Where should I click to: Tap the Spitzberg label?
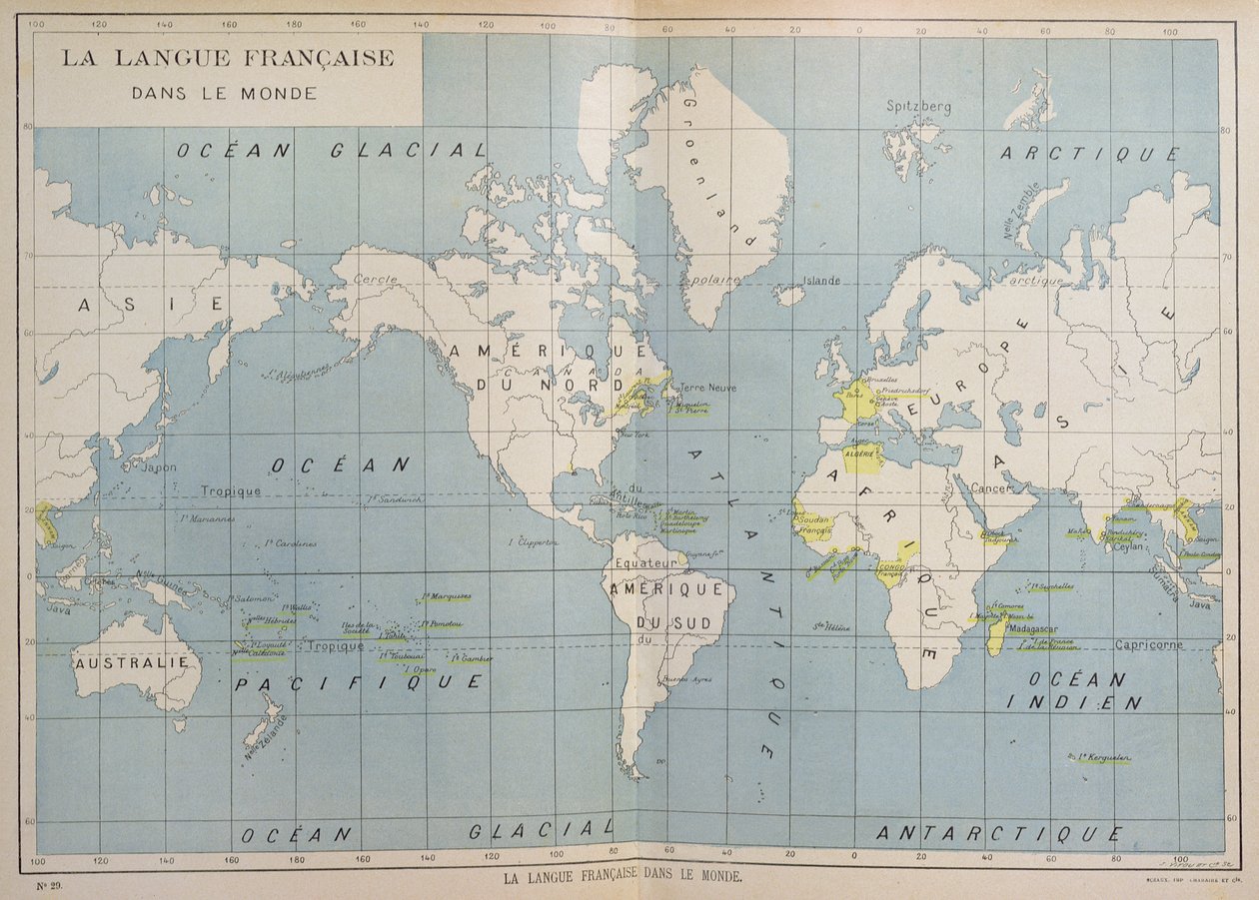click(918, 106)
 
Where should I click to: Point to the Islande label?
click(821, 281)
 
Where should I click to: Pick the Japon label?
click(159, 466)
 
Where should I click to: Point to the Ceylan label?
click(1129, 546)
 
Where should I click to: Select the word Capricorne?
click(1149, 644)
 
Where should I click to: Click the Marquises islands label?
click(445, 597)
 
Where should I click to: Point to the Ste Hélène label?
click(830, 627)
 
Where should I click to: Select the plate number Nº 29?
click(50, 884)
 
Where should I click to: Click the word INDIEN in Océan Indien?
click(1073, 703)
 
